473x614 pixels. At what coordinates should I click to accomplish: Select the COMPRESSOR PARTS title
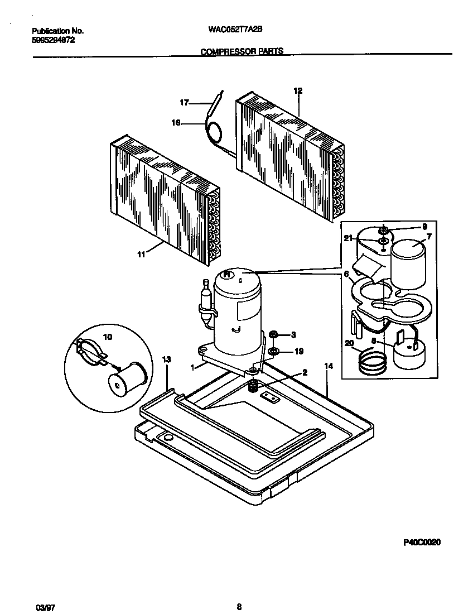tap(242, 51)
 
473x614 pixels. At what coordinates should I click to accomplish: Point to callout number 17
tap(184, 102)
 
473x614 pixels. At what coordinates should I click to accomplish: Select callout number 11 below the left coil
tap(141, 255)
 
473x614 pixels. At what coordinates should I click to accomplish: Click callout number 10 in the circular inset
tap(108, 337)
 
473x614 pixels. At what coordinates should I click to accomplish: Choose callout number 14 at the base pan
tap(328, 366)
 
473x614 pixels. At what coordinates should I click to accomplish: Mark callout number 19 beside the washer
tap(298, 351)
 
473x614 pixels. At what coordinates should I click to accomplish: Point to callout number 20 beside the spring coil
tap(349, 344)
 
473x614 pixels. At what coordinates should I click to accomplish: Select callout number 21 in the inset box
tap(348, 238)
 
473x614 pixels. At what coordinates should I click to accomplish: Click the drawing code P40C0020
tap(421, 542)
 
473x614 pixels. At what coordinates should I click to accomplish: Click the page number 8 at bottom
tap(239, 591)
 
